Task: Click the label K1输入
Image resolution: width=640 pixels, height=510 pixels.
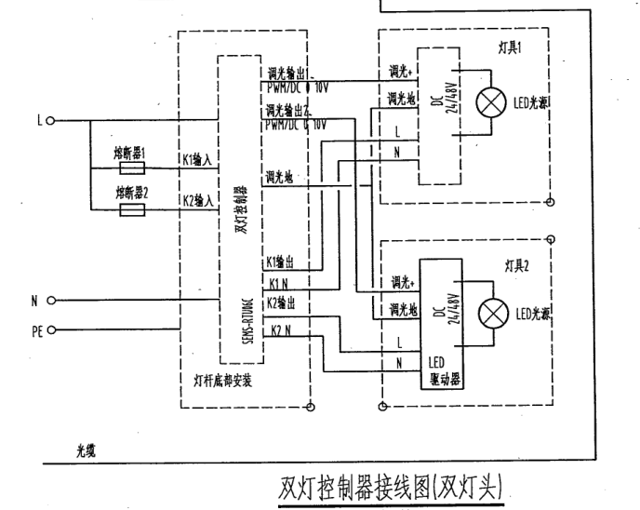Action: (197, 160)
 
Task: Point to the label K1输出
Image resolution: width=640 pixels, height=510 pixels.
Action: (282, 262)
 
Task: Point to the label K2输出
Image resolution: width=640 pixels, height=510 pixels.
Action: (282, 303)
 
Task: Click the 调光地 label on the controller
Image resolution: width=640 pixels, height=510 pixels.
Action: (280, 175)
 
